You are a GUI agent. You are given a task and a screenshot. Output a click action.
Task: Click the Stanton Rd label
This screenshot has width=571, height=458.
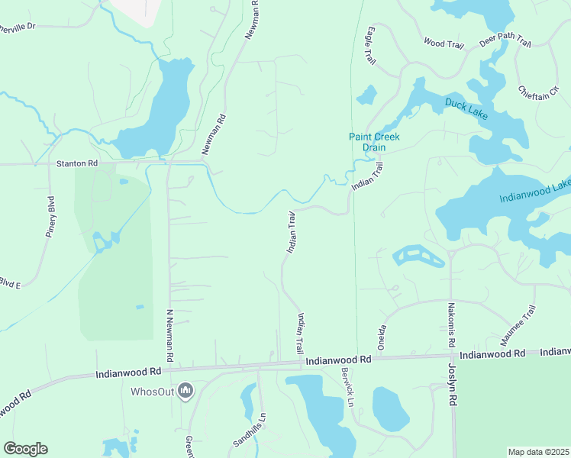[78, 163]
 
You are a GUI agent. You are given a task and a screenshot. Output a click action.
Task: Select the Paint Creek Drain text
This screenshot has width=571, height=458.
[375, 141]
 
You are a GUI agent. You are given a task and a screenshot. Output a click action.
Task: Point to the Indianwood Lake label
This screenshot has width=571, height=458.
[536, 192]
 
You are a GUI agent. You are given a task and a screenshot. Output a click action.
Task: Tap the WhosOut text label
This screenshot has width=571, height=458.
[153, 392]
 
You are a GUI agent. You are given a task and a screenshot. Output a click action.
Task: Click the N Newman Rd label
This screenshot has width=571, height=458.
[169, 336]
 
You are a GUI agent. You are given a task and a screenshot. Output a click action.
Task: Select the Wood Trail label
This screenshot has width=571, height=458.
[444, 44]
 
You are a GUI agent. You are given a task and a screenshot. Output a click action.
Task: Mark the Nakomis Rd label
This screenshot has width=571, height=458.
[451, 323]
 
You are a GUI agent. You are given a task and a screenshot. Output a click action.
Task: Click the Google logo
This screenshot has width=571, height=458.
[25, 449]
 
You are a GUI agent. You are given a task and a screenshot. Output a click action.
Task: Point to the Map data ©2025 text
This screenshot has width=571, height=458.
[538, 452]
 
